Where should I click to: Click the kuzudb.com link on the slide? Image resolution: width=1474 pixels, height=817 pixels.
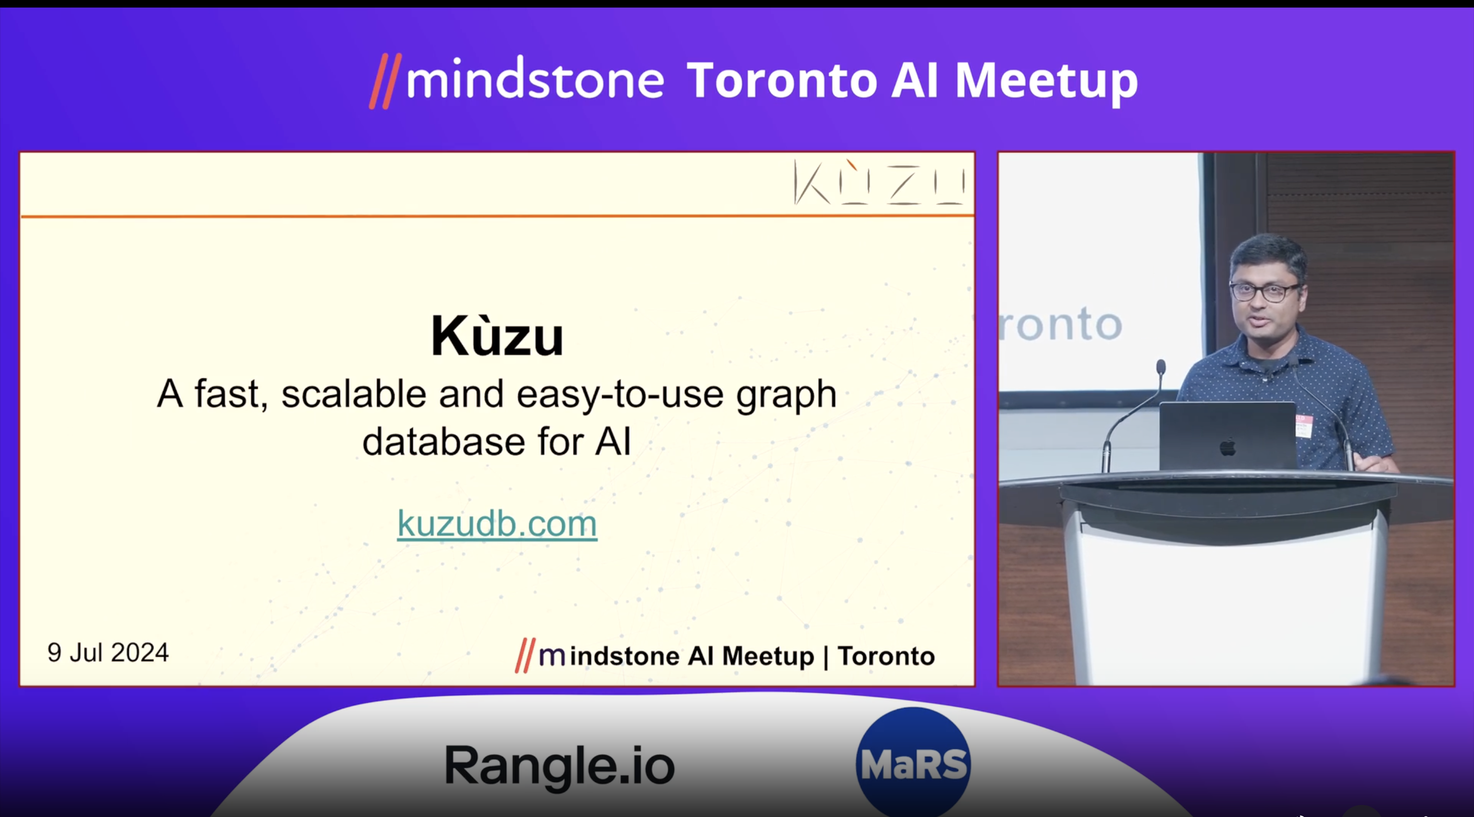pos(497,523)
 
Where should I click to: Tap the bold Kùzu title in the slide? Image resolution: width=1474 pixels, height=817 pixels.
pos(497,336)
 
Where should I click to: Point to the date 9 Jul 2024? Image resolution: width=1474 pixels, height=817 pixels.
pos(108,653)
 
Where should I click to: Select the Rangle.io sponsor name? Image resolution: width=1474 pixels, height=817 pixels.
pos(560,765)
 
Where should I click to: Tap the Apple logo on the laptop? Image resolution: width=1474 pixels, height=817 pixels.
pos(1227,447)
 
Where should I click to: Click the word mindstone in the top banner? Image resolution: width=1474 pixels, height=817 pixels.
pos(535,81)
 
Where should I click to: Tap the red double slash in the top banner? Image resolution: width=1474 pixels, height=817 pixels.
pos(385,81)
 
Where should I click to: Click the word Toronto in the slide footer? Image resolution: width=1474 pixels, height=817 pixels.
pos(886,656)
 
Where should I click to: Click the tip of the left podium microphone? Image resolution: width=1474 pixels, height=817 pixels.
pos(1161,366)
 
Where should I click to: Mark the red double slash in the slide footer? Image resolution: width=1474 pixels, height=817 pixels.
pos(525,656)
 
